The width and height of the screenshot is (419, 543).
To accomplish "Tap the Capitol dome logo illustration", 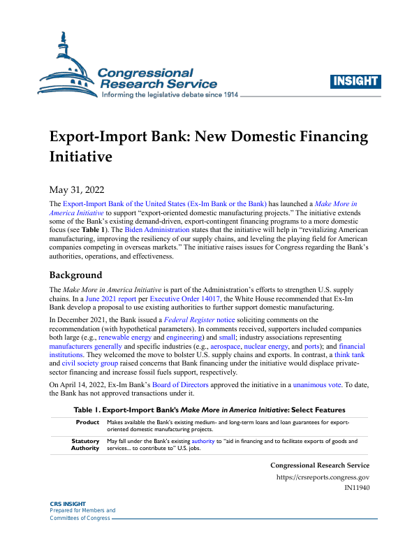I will click(68, 66).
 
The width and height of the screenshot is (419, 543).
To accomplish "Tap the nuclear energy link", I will click(269, 346).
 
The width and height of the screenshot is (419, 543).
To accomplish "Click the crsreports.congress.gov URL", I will click(323, 477).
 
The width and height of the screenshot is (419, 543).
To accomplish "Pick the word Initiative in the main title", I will click(81, 157).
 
